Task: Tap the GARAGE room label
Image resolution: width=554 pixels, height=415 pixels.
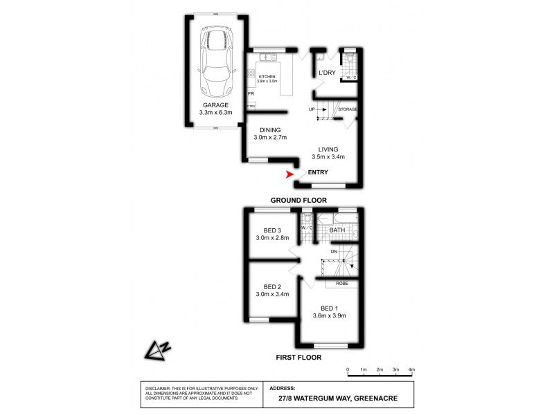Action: (216, 104)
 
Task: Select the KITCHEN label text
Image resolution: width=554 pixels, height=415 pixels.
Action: (267, 76)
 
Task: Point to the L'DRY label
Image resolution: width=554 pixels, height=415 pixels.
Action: (327, 73)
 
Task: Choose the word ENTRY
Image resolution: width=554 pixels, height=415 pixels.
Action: (318, 172)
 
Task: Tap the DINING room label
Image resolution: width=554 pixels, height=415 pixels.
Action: (270, 130)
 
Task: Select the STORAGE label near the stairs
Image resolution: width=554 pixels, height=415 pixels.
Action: (348, 109)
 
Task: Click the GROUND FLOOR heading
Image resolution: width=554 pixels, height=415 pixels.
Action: (298, 200)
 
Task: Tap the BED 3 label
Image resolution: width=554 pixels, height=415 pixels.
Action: (272, 230)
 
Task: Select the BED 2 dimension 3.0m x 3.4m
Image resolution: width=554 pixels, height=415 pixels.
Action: (271, 294)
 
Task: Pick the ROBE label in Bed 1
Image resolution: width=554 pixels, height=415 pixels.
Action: (342, 283)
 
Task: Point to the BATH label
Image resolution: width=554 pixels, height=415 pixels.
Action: (337, 230)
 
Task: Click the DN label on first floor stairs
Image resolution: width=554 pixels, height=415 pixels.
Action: (334, 250)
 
